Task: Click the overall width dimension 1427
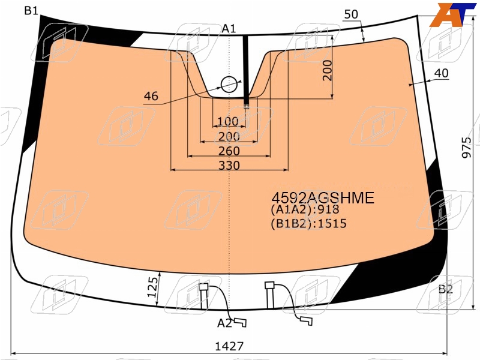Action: [229, 346]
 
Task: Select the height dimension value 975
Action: [467, 148]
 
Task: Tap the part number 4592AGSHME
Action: [323, 198]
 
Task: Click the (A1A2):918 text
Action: [305, 209]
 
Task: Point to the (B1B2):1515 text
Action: [308, 224]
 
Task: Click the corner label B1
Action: [31, 11]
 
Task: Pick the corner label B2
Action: [445, 289]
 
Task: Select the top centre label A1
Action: [229, 29]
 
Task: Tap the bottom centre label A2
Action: [224, 323]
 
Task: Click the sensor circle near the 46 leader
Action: [229, 85]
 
